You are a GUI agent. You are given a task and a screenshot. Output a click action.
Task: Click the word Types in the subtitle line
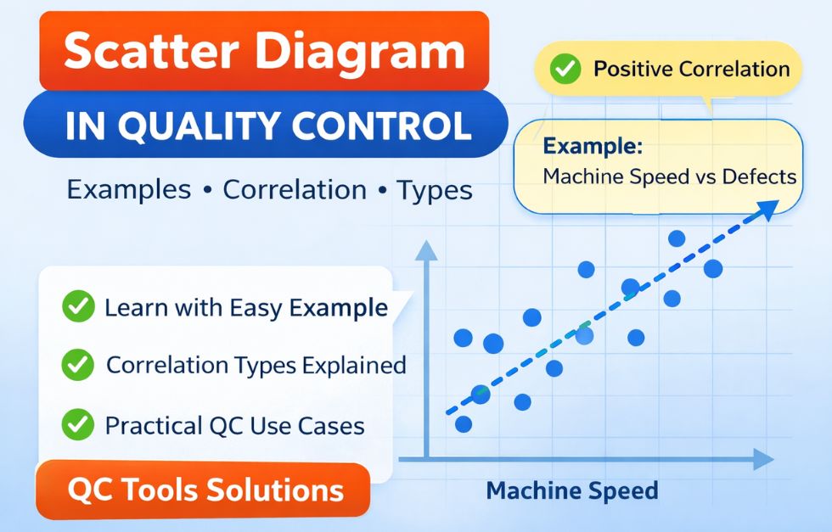(435, 189)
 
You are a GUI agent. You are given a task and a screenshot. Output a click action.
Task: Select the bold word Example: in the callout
(593, 145)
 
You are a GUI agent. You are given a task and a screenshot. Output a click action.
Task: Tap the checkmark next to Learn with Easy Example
(78, 307)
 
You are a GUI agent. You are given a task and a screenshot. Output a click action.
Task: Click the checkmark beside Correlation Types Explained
(78, 365)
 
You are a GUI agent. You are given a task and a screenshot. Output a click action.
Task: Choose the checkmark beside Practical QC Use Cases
(78, 423)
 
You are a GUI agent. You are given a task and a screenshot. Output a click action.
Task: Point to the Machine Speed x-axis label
(571, 490)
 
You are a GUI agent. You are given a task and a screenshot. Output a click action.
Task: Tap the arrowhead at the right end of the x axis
(763, 460)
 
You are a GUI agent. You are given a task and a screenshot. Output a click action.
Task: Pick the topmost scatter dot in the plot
(677, 238)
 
